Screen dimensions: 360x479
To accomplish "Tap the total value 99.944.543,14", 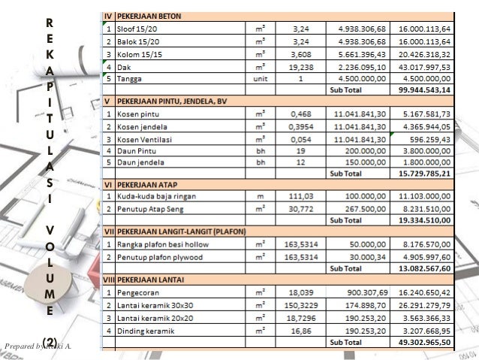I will [425, 89].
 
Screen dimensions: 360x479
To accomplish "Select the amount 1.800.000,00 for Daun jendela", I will [425, 162].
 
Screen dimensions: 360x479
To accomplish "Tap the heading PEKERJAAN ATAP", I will [146, 183].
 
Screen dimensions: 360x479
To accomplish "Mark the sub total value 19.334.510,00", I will [425, 220].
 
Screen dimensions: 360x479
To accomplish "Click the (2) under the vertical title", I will [50, 343].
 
